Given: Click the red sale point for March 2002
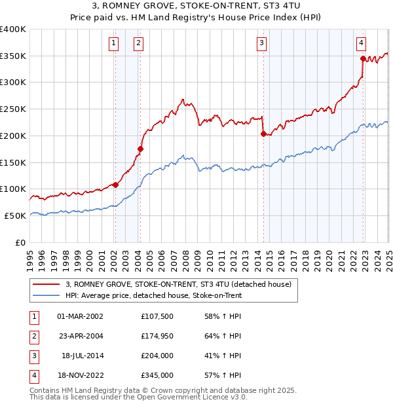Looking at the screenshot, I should [x=115, y=185].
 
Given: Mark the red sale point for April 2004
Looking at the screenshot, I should [x=140, y=149].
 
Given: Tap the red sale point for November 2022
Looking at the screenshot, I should [x=363, y=58].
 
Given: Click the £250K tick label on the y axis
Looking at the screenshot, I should [x=13, y=109].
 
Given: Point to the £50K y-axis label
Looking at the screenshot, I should [x=14, y=215].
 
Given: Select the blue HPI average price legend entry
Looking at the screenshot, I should [x=153, y=296].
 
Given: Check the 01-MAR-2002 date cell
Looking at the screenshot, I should [x=81, y=316].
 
